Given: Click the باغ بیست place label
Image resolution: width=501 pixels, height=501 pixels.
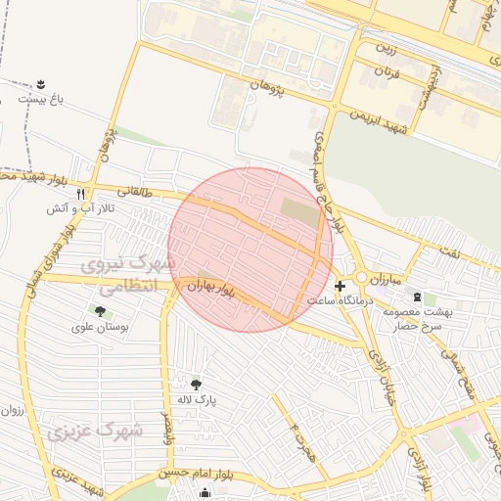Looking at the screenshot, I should [x=41, y=99].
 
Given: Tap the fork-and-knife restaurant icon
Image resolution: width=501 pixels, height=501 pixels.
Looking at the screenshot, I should [x=81, y=194].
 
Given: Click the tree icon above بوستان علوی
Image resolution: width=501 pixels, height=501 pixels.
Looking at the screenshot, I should [x=100, y=311].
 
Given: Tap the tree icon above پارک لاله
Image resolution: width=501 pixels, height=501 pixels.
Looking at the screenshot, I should [x=196, y=385].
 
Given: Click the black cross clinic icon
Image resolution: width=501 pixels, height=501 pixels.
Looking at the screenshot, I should [x=340, y=287].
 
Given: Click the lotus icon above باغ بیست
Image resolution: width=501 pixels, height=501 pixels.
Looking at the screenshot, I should [x=41, y=83].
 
